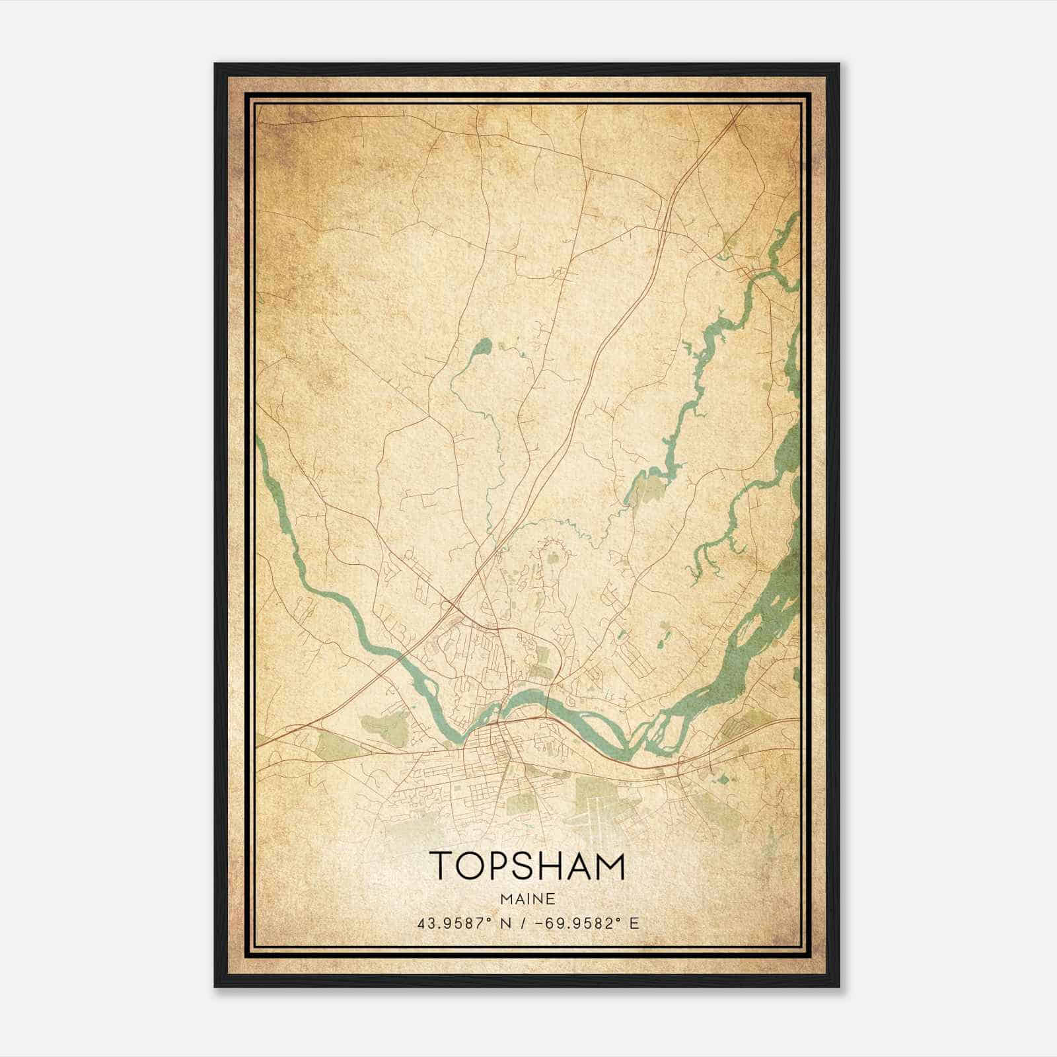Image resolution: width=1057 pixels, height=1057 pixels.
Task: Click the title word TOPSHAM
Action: click(x=527, y=866)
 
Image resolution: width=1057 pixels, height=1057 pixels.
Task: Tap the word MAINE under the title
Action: click(x=527, y=899)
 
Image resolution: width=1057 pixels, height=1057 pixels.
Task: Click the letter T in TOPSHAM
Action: click(x=443, y=866)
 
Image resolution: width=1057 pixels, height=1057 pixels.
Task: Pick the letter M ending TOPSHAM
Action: click(x=608, y=866)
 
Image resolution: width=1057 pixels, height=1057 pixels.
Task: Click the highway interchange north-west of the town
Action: click(x=451, y=604)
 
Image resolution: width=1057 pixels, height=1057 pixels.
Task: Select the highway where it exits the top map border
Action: click(x=741, y=110)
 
